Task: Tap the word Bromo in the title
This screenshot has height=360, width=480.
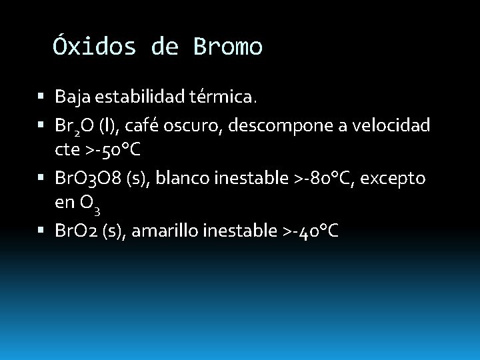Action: pos(228,47)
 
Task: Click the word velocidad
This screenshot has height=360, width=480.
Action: pos(394,125)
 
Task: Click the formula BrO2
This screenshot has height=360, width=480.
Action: pos(75,231)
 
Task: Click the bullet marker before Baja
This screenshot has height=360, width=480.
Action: pos(42,98)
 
